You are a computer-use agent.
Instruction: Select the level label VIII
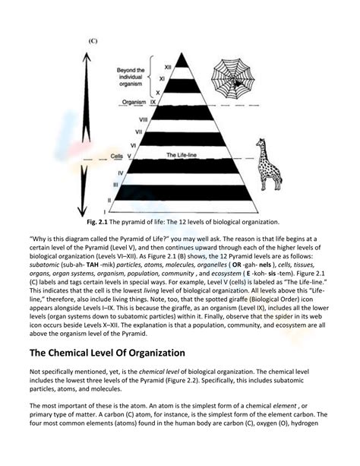pos(143,119)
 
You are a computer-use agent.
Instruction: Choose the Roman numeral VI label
pos(133,144)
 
